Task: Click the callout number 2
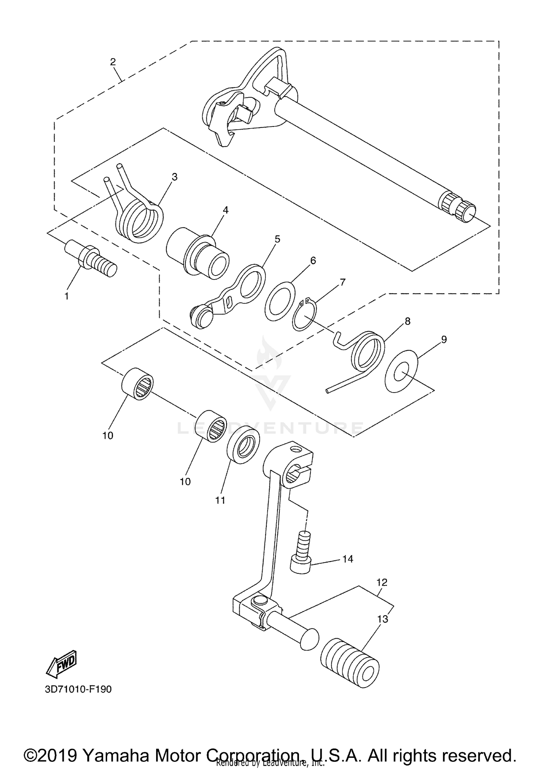[x=113, y=62]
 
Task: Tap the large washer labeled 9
[x=401, y=371]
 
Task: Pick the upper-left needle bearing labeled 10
[x=137, y=383]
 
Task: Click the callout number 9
[x=444, y=339]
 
